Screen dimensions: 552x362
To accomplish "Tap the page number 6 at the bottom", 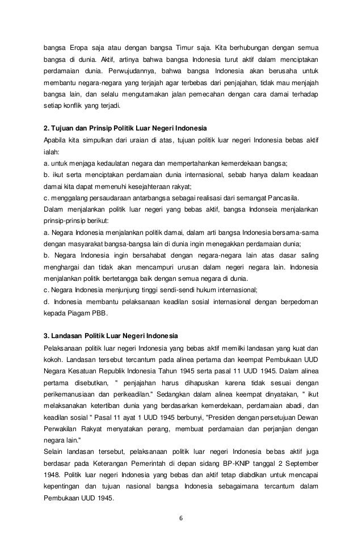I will [180, 518].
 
